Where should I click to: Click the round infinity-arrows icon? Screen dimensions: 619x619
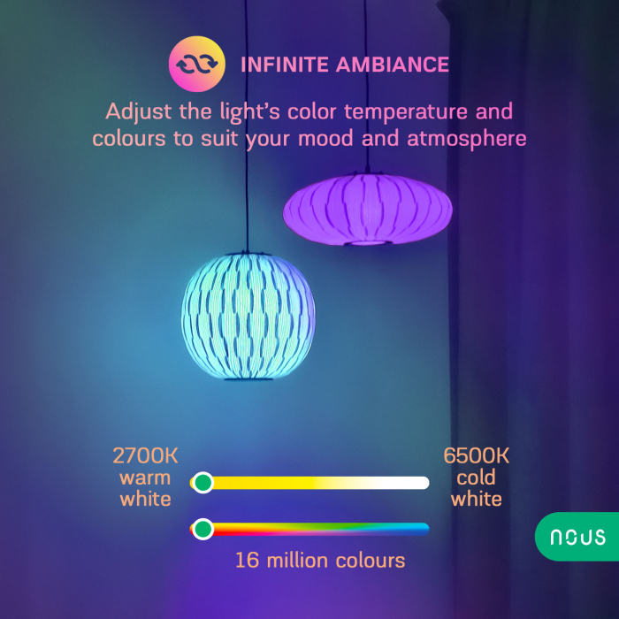point(193,65)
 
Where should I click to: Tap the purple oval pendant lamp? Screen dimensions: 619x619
point(367,209)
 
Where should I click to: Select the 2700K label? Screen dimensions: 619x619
point(145,456)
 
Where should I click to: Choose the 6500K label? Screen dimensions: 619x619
point(477,456)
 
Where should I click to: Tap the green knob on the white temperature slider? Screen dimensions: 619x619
point(203,483)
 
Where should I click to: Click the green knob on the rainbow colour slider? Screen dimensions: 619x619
point(203,529)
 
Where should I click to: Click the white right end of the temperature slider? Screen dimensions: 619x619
point(419,483)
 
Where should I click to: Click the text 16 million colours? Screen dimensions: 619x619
point(320,560)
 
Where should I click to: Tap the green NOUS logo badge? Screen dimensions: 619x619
point(577,537)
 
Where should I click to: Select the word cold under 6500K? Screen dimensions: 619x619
point(477,478)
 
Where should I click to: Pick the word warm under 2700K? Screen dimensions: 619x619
point(145,478)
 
